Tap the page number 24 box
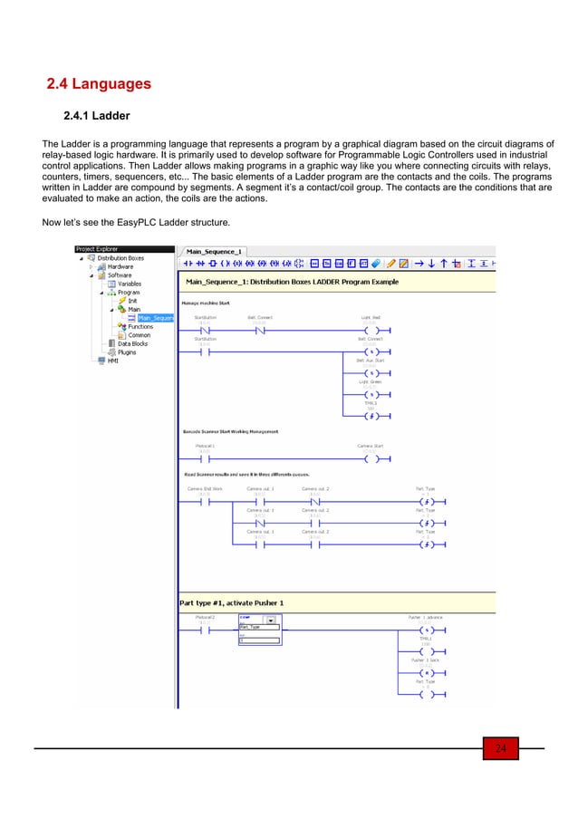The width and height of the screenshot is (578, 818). point(500,747)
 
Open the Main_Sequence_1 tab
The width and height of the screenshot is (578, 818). point(215,251)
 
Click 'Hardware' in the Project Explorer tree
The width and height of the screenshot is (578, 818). point(120,266)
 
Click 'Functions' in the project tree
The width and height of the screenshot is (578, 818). point(140,326)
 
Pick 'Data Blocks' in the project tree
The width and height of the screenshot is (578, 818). point(133,343)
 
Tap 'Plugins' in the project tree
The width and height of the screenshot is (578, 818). point(126,351)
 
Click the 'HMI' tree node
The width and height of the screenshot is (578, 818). point(112,361)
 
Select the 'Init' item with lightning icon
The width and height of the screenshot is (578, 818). point(131,301)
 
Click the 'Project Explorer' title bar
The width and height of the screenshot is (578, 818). point(98,249)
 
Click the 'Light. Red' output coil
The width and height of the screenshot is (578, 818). point(372,330)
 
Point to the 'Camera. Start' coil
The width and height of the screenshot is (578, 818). point(372,458)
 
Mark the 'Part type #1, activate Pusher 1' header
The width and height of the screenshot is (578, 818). point(234,604)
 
